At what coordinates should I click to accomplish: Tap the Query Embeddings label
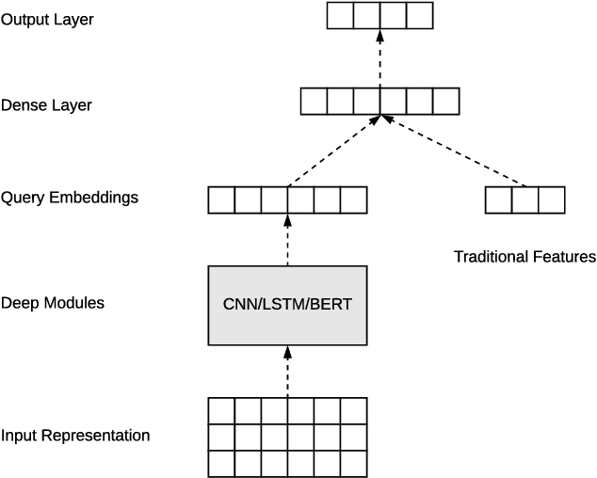pos(70,198)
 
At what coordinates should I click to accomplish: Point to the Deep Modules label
pos(53,303)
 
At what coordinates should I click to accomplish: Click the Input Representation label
pos(75,436)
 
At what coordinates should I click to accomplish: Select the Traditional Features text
pos(524,256)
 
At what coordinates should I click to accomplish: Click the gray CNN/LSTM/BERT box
pos(287,305)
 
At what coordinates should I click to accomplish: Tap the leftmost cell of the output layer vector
pos(340,16)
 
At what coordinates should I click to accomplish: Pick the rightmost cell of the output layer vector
pos(420,16)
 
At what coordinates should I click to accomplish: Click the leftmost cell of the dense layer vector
pos(314,102)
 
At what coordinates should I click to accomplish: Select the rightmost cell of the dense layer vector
pos(446,102)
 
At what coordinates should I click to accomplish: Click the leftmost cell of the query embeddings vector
pos(221,200)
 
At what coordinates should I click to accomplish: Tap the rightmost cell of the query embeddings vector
pos(353,200)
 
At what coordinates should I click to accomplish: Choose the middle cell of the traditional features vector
pos(524,200)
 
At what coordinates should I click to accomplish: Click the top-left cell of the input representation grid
pos(221,411)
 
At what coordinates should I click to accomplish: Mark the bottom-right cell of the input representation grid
pos(353,464)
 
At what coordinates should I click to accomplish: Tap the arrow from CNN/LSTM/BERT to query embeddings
pos(287,240)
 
